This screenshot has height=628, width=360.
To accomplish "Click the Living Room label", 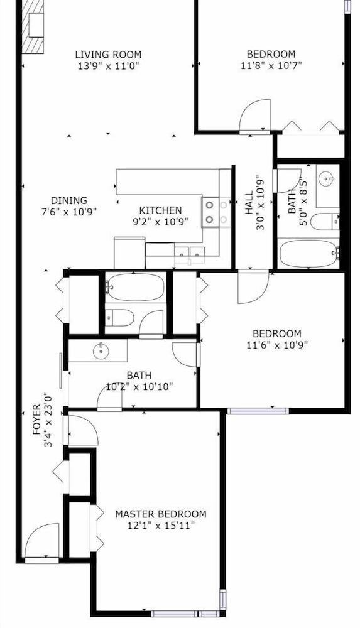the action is click(108, 55).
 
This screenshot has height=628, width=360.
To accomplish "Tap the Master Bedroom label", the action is click(161, 514).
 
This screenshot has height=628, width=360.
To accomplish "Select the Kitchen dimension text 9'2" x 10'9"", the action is click(160, 222).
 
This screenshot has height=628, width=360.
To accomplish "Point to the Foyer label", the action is click(37, 420).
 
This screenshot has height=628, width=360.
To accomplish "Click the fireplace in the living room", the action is click(33, 26).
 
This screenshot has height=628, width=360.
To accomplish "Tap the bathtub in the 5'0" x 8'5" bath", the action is click(308, 253).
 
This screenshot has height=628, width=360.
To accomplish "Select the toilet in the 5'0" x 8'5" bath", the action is click(325, 222).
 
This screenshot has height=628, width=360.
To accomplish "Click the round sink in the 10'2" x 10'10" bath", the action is click(101, 352).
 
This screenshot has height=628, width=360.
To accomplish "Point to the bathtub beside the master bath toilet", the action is click(136, 287).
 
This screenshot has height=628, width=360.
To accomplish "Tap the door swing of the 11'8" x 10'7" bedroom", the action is click(255, 115).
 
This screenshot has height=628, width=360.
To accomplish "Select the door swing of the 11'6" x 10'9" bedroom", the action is click(253, 287).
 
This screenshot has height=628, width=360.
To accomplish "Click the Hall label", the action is click(249, 202).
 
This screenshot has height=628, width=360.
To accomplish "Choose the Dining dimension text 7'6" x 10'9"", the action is click(69, 212).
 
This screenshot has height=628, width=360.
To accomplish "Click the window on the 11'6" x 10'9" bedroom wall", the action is click(258, 411).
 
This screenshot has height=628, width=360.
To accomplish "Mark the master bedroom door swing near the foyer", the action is click(83, 431).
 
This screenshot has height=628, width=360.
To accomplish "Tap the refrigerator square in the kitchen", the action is click(129, 253).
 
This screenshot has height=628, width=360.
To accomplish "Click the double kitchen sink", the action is click(190, 255).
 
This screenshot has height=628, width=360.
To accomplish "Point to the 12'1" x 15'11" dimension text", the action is click(161, 526).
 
